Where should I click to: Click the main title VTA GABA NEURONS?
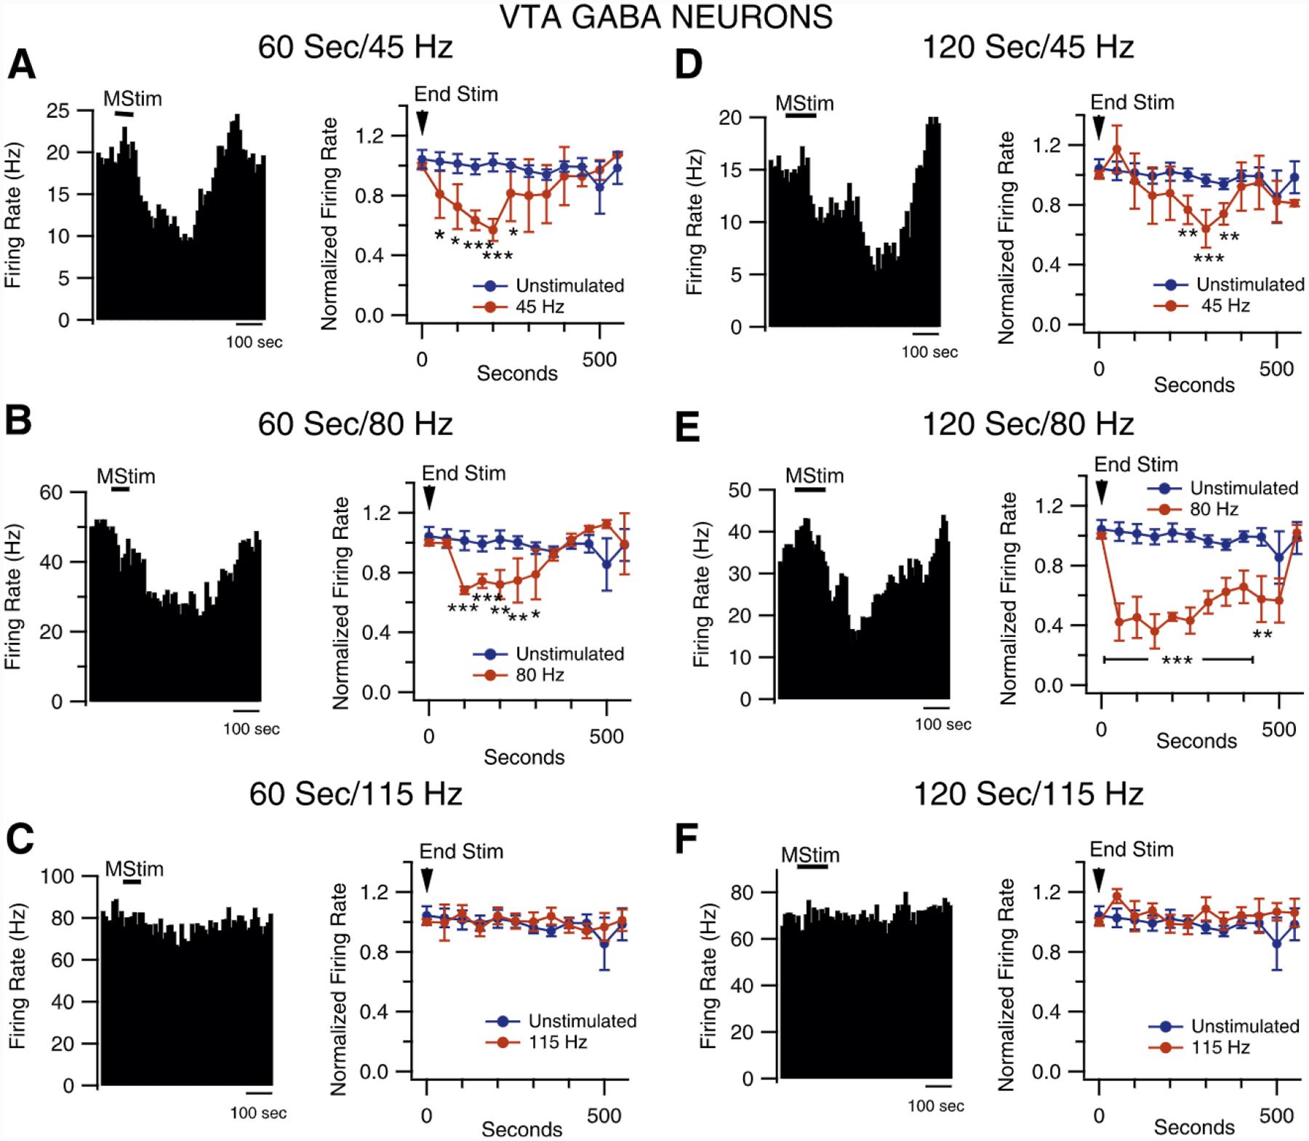[666, 16]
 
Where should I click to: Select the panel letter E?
[688, 428]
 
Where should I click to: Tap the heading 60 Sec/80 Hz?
[355, 423]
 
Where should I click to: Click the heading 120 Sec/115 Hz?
[1028, 793]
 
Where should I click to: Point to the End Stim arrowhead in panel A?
[422, 124]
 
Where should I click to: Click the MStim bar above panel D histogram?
[801, 114]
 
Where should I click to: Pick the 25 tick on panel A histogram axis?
[57, 111]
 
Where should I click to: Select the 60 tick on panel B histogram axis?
[52, 492]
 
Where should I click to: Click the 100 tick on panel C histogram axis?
[57, 876]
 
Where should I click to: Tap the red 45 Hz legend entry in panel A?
[540, 307]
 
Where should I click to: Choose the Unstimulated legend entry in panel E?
[1244, 487]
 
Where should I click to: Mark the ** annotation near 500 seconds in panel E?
[1262, 635]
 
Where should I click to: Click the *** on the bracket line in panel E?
[1176, 660]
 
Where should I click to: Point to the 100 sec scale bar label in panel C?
[258, 1113]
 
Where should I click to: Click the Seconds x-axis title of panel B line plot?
[524, 757]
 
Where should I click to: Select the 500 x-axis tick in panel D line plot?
[1276, 369]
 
